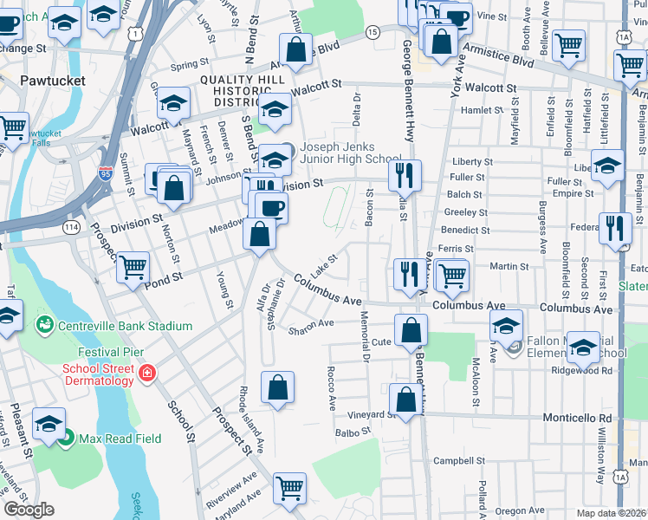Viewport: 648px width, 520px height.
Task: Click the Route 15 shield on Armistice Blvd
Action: pos(372,32)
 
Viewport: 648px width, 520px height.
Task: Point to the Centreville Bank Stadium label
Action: pos(122,326)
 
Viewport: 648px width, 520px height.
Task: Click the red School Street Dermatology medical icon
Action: pos(148,374)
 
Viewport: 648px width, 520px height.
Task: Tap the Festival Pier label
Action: pos(110,353)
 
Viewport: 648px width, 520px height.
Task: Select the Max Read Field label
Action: pos(119,439)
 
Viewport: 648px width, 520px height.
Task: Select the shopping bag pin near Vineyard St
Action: pos(405,399)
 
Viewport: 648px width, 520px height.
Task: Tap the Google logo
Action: pos(29,509)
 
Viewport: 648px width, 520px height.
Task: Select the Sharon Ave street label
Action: pos(312,328)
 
